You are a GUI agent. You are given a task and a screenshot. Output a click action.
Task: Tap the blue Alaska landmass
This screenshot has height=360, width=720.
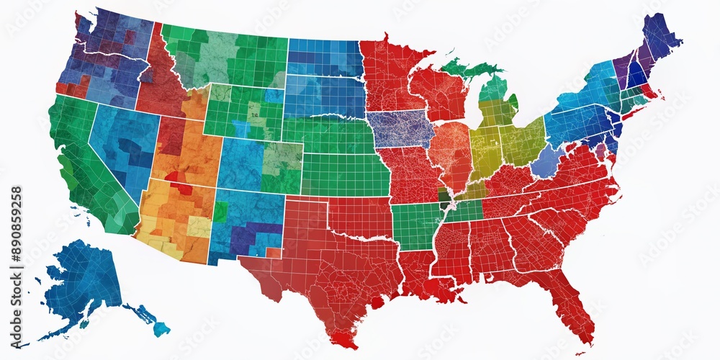(x=83, y=281)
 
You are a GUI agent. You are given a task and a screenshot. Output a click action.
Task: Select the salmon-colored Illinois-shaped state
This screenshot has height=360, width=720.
(x=449, y=155)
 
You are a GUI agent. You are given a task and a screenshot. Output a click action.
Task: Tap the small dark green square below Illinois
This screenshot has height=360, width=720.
(x=443, y=194)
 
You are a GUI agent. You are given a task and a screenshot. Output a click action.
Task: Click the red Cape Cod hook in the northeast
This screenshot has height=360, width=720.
(x=652, y=92)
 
